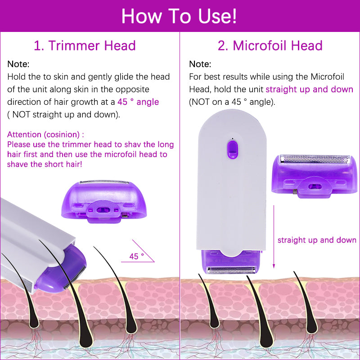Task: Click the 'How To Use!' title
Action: click(x=179, y=16)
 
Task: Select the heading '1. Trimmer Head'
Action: click(x=85, y=45)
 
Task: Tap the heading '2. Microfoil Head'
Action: click(x=270, y=45)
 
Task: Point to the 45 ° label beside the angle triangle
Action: click(x=136, y=256)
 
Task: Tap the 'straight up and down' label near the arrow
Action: click(x=316, y=240)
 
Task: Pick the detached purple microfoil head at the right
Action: click(x=315, y=174)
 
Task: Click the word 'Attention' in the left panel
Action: click(x=25, y=135)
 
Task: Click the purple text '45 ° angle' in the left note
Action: click(x=138, y=102)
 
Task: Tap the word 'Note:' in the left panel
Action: click(x=18, y=64)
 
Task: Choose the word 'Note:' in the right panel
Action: click(x=200, y=64)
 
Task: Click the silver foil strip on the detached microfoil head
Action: click(x=315, y=159)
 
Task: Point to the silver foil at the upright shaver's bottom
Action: click(x=232, y=270)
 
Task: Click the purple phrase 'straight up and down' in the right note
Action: click(x=309, y=89)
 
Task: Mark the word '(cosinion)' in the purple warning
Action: click(x=63, y=135)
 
